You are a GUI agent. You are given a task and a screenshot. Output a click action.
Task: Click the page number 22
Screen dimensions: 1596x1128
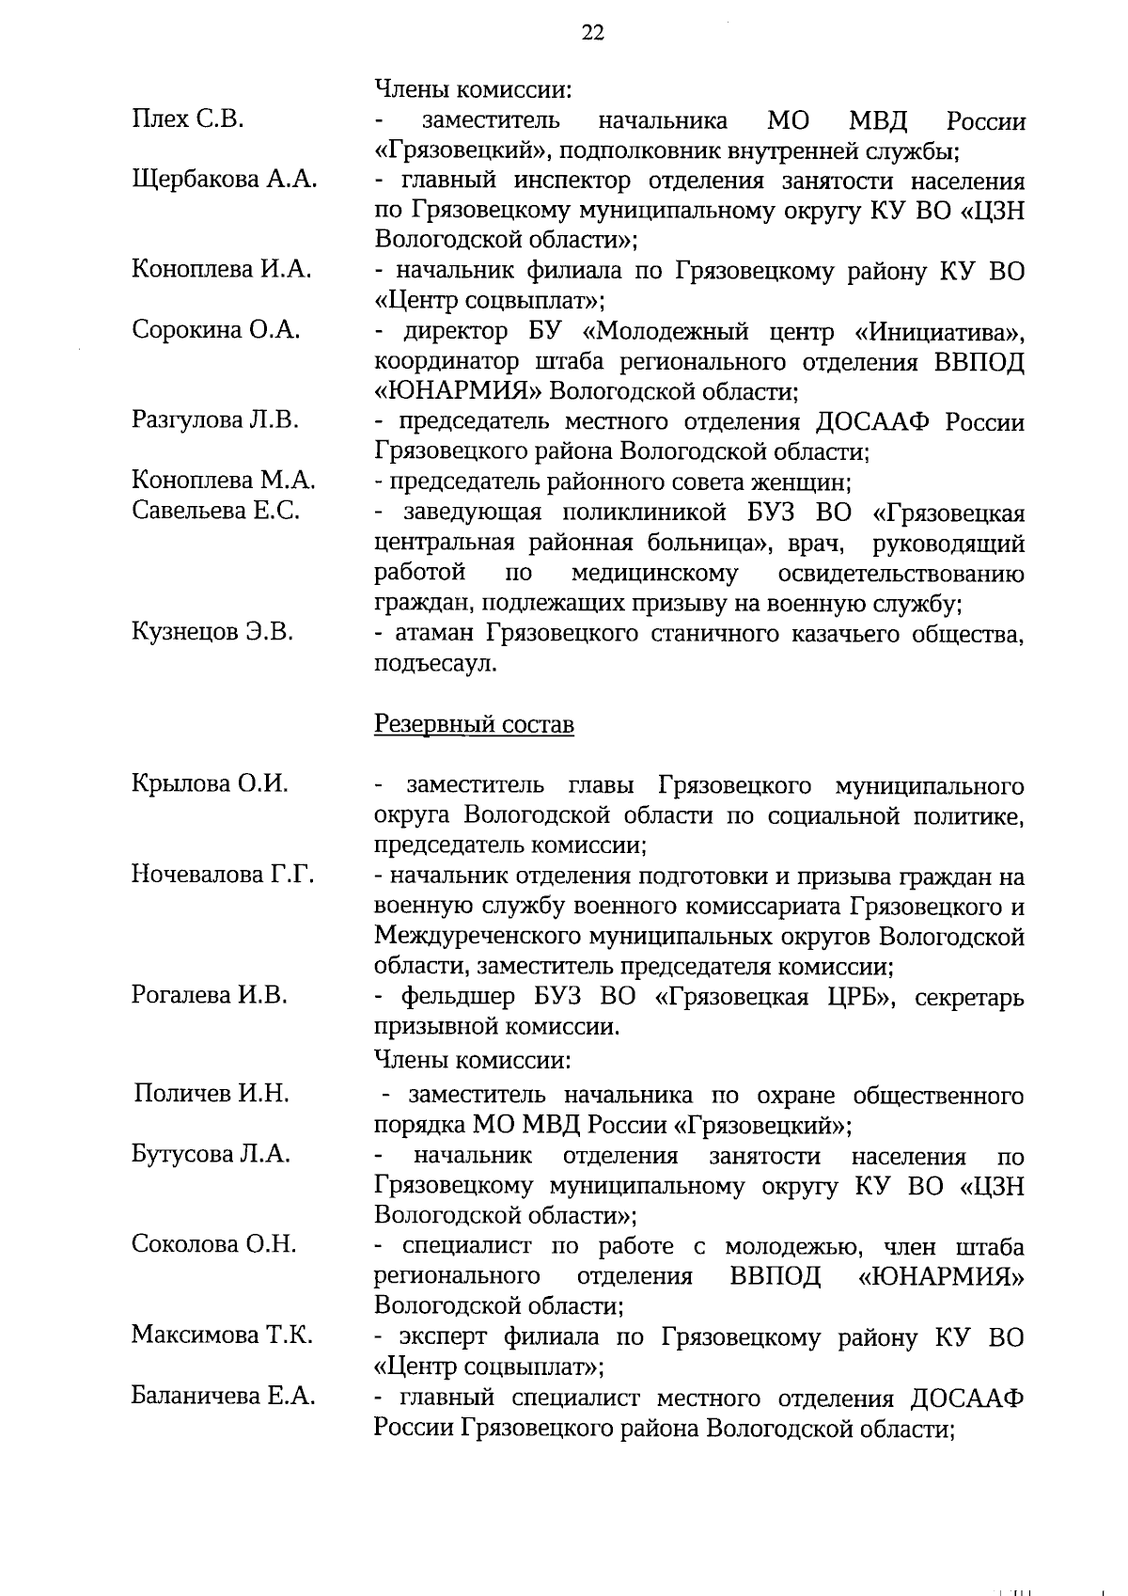point(592,34)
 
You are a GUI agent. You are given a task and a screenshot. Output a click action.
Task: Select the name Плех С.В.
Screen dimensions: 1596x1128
point(189,119)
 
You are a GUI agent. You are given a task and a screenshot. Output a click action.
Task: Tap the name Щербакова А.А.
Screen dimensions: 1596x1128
point(224,179)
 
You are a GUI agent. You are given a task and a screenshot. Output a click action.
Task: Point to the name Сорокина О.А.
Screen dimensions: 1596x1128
point(216,330)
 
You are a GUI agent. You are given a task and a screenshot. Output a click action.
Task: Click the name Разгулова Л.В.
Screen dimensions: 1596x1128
point(215,420)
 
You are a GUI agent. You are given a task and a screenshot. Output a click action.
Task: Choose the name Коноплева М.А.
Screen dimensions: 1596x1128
point(224,481)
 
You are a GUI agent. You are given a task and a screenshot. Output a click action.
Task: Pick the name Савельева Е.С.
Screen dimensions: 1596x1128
point(216,511)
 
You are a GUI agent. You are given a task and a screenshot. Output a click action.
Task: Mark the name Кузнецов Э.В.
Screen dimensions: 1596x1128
point(212,632)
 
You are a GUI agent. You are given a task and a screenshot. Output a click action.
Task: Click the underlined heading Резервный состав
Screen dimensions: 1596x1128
point(474,725)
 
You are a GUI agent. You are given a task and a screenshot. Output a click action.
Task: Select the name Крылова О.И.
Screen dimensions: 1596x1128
point(210,783)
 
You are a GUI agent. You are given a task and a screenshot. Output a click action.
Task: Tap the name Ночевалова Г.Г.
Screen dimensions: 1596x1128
point(223,875)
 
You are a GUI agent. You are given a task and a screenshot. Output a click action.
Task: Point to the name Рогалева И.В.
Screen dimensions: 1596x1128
point(210,995)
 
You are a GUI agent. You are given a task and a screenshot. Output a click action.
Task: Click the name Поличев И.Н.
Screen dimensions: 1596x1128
point(211,1093)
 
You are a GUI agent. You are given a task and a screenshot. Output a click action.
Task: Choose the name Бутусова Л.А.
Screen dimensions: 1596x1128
point(211,1154)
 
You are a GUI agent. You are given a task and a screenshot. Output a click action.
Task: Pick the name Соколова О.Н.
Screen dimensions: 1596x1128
point(213,1244)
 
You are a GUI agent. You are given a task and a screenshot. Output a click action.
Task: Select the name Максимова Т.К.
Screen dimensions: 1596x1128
point(222,1335)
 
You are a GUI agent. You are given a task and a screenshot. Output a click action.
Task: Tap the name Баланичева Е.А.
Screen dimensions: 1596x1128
point(223,1397)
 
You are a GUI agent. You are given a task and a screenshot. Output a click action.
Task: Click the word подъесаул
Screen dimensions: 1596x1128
point(435,664)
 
